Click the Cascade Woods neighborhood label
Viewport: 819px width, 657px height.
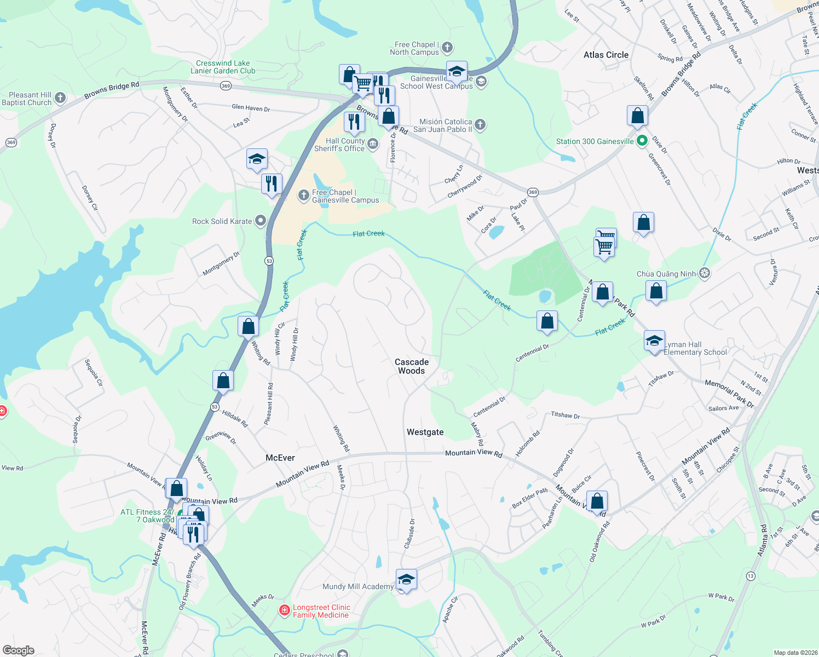[412, 366]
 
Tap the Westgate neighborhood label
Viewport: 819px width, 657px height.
[425, 432]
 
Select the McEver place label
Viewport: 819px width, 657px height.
[280, 458]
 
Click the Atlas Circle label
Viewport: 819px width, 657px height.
[606, 55]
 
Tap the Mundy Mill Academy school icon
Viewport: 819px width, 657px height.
[406, 579]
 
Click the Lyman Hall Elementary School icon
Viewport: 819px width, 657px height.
[654, 342]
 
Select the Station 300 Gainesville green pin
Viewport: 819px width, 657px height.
[642, 141]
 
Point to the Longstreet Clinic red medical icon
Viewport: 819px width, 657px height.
[284, 610]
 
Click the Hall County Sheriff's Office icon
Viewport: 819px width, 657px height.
[373, 144]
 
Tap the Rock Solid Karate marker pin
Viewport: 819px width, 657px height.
[261, 221]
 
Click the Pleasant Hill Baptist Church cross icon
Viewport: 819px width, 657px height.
[60, 98]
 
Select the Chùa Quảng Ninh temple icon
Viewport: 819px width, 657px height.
[705, 273]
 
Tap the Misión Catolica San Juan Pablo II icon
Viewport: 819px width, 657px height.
[480, 125]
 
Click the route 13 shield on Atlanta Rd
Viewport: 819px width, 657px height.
[750, 576]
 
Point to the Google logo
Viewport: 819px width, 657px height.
[19, 650]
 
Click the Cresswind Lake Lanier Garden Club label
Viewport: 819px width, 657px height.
[223, 67]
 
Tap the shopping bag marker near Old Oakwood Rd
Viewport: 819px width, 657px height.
[597, 501]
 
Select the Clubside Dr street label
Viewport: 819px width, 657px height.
[409, 533]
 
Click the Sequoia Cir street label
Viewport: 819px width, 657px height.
[93, 373]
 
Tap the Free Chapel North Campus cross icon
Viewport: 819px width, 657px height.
[447, 48]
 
